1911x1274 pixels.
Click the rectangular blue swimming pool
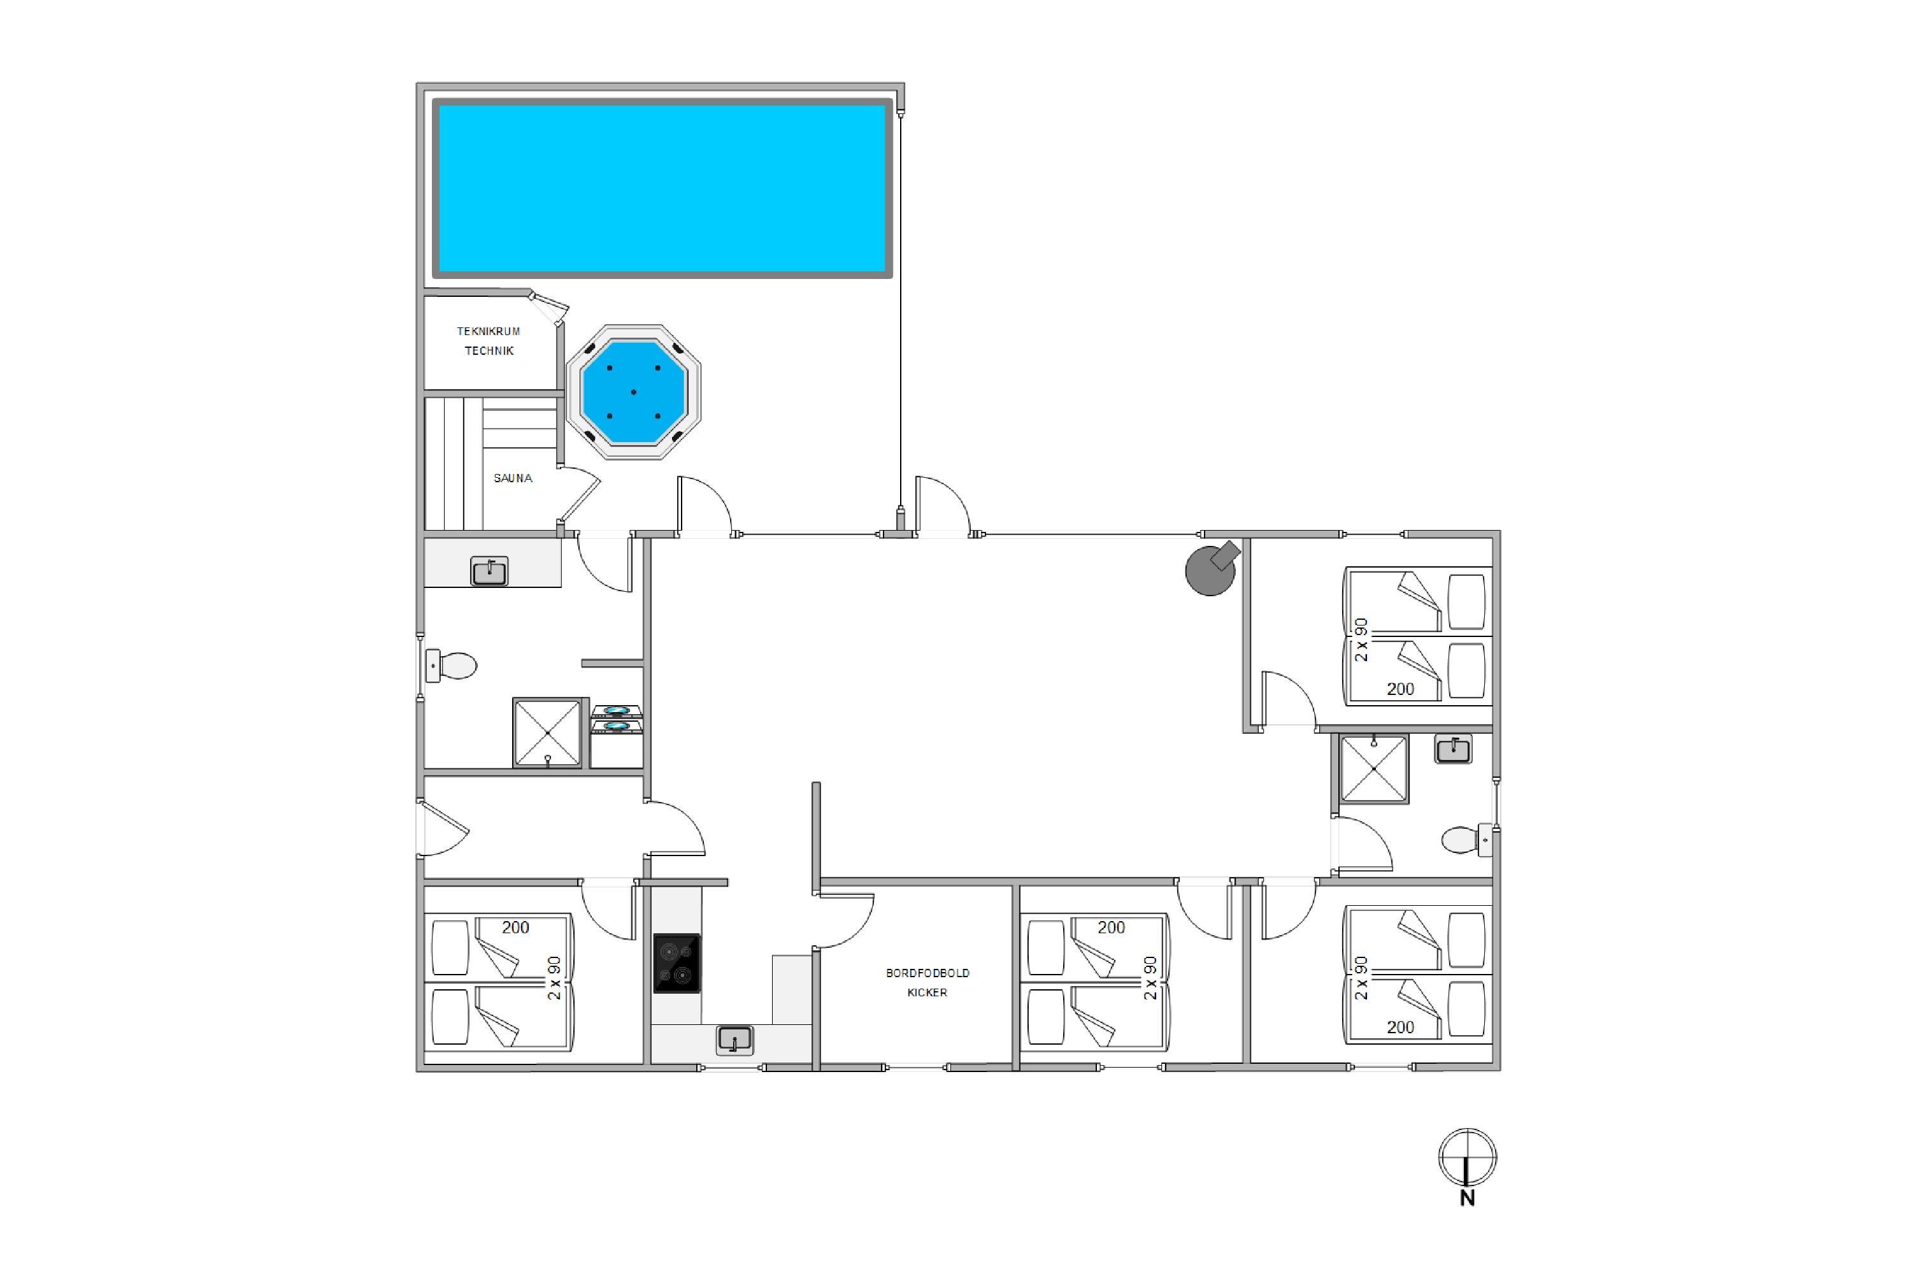point(662,189)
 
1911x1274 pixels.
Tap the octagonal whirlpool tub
point(634,392)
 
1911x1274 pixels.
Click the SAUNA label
point(513,478)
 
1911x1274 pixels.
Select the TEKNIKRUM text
point(489,331)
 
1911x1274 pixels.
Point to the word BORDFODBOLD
point(927,973)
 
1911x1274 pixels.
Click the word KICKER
point(927,992)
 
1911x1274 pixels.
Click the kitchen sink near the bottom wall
point(734,1040)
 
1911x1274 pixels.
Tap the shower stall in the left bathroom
point(548,732)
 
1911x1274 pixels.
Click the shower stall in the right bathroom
point(1373,769)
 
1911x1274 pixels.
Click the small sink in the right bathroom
point(1454,749)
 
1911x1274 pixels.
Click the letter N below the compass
point(1468,1198)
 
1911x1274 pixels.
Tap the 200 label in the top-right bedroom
point(1400,689)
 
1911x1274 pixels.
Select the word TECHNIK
point(489,351)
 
